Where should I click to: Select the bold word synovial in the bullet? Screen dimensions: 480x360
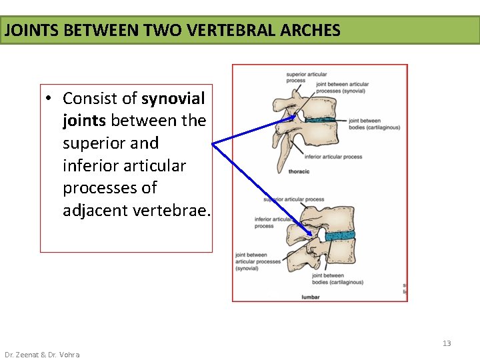(173, 99)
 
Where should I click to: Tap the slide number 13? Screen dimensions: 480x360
(447, 343)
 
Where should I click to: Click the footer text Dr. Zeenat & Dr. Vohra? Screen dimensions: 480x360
(42, 355)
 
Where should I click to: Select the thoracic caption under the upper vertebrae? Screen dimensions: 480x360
(299, 171)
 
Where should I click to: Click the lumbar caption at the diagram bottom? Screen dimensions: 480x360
(311, 297)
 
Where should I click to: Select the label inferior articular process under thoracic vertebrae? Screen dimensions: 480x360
(333, 157)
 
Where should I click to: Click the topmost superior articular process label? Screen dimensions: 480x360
(296, 77)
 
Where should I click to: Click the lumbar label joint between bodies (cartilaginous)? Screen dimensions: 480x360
(337, 279)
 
